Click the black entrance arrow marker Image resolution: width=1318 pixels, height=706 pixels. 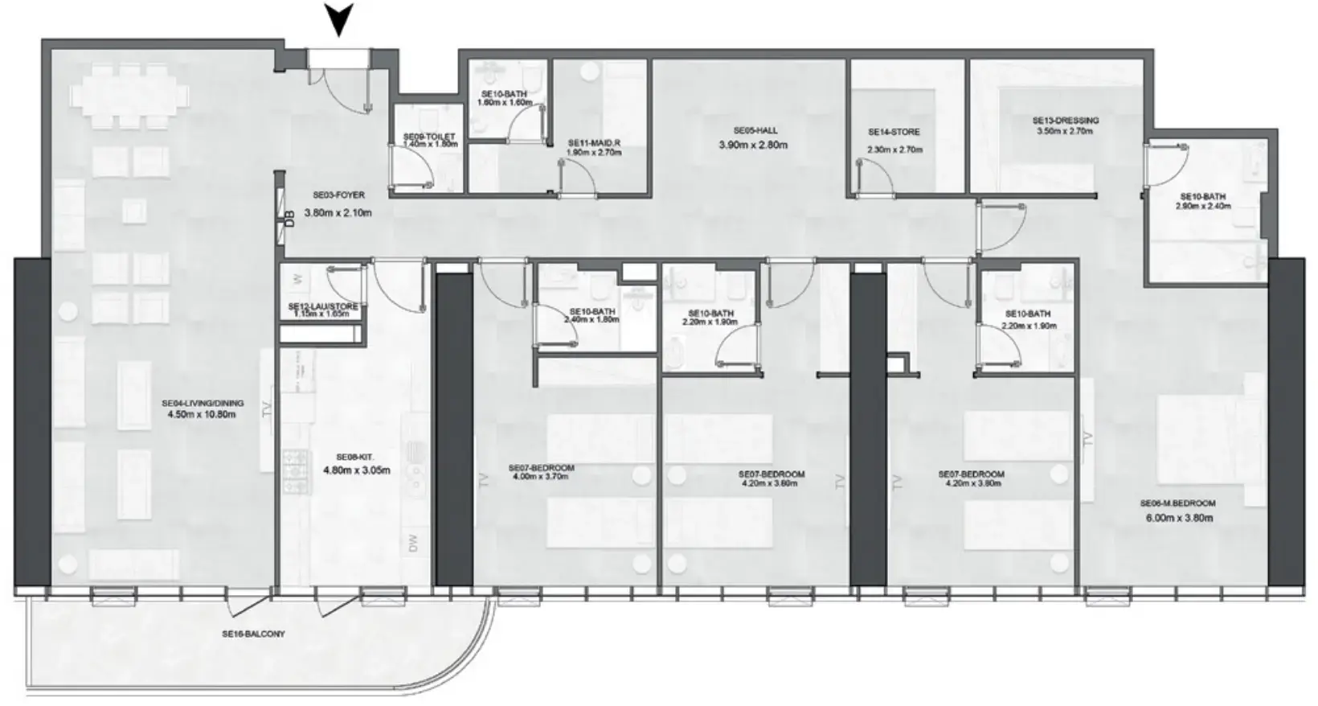pos(341,18)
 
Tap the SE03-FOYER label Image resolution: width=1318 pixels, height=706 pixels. pos(338,195)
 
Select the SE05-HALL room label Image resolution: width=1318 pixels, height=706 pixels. pos(755,130)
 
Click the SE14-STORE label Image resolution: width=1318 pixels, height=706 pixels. pos(894,132)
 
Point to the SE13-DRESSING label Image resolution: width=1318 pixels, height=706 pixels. pos(1065,121)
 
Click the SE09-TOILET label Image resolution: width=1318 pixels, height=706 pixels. pos(429,138)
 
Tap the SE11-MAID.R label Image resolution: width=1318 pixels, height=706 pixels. pos(594,143)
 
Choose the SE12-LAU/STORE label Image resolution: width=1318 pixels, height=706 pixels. pos(322,307)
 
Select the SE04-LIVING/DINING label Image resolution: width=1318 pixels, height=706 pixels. pos(202,404)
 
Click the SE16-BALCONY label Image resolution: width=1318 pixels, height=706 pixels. pos(253,634)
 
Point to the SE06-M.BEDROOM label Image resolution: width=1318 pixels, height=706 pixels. pos(1177,503)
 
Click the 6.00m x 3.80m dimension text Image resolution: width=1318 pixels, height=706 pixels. pos(1179,518)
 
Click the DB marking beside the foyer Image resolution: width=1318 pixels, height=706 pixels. pos(289,217)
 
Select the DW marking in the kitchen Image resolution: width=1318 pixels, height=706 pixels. pos(414,544)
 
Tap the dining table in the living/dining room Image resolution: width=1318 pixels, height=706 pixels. pos(130,97)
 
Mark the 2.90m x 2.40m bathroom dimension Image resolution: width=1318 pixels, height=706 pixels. pos(1202,207)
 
